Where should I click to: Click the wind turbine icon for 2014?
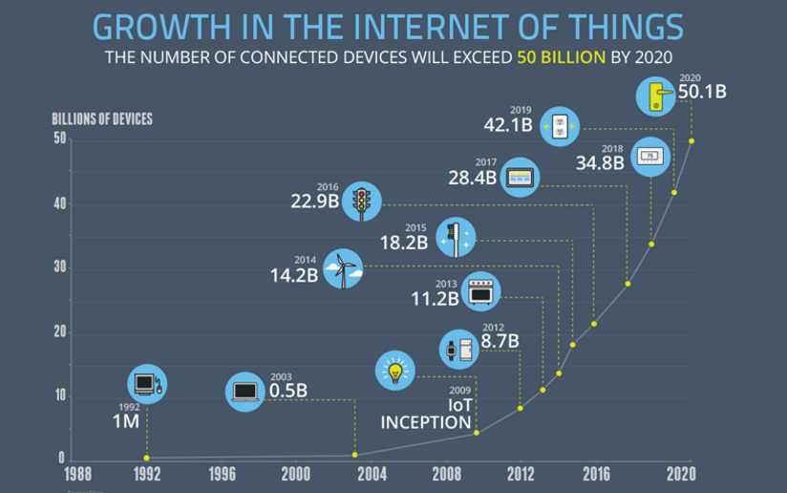pos(343,268)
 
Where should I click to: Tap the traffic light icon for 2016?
pos(361,202)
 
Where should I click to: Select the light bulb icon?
pos(393,370)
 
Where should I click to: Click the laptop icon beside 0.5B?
pos(245,392)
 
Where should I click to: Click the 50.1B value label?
pos(701,92)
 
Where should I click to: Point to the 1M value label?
pos(126,421)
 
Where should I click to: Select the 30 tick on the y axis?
pos(59,268)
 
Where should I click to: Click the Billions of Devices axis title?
pos(102,119)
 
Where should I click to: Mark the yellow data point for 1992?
pos(146,458)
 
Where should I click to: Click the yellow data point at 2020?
pos(691,140)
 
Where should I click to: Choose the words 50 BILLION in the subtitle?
pos(560,57)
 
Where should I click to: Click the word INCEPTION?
pos(426,422)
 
